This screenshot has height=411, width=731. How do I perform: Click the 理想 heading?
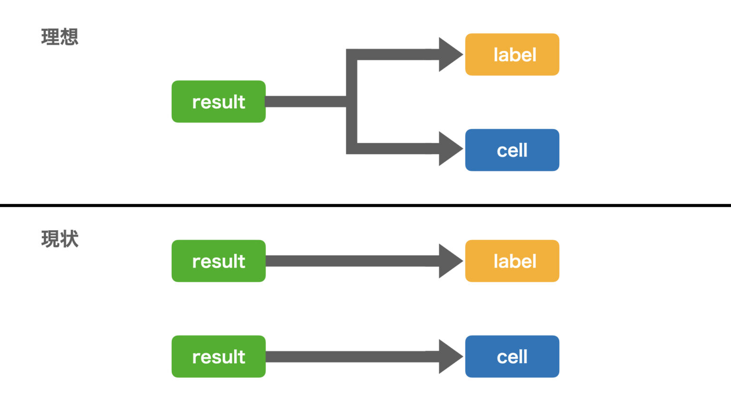click(59, 37)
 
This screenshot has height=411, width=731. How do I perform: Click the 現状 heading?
click(59, 239)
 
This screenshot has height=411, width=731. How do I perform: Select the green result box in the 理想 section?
click(218, 101)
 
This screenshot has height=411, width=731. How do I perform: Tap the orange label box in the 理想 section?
click(512, 55)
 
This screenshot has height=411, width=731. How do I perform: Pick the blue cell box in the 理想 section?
click(512, 150)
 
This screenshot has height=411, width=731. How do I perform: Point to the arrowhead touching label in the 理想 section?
click(450, 55)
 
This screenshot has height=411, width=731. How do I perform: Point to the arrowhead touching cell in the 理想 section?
click(450, 149)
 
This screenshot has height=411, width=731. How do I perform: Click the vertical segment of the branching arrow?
click(352, 101)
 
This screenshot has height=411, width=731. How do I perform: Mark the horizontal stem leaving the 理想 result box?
click(306, 101)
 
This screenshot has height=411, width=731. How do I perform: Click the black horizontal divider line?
click(365, 205)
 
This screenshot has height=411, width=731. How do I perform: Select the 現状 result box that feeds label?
click(218, 261)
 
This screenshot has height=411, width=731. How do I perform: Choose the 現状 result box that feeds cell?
click(218, 356)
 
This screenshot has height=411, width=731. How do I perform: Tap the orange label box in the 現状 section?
click(512, 261)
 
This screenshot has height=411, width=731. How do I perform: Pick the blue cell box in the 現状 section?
click(512, 356)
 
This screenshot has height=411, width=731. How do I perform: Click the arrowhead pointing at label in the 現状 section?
click(450, 261)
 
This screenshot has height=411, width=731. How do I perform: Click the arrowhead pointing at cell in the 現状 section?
click(450, 356)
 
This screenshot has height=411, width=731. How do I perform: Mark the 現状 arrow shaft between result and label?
click(353, 261)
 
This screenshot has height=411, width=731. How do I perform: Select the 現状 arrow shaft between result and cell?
click(353, 356)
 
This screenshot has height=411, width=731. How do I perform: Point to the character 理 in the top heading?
click(50, 37)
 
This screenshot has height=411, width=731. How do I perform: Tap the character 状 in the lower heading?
click(69, 239)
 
